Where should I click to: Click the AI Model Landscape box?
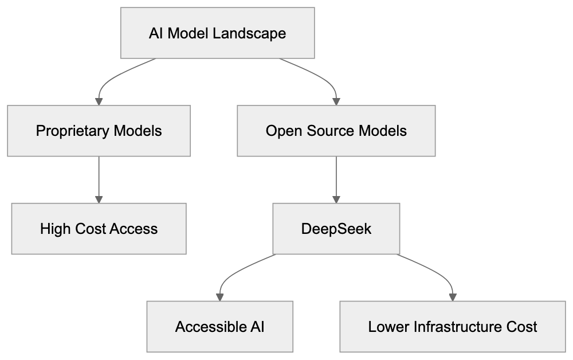click(217, 33)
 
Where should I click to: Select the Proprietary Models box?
click(99, 131)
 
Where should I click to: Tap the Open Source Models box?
click(336, 131)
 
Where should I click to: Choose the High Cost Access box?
click(99, 229)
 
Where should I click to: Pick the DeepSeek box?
click(336, 229)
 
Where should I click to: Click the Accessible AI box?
click(220, 327)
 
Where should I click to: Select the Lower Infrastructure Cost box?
click(452, 327)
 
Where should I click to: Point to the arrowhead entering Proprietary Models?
click(99, 101)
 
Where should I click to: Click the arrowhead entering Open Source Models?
click(336, 101)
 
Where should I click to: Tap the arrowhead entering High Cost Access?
click(99, 199)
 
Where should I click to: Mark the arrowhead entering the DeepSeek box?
click(336, 199)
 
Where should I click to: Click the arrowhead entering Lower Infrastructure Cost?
click(452, 297)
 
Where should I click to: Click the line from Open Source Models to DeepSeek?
click(336, 178)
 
